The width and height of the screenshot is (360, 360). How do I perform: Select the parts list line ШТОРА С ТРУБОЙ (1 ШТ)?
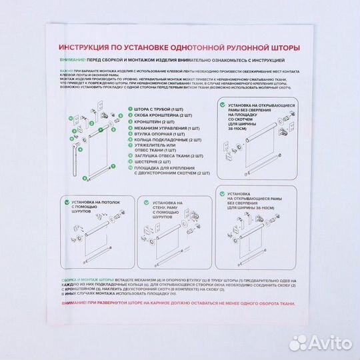click(x=149, y=108)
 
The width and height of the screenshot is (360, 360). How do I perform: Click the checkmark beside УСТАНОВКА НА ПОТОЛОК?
click(x=67, y=200)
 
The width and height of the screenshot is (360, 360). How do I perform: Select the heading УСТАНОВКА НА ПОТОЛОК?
click(x=91, y=204)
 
